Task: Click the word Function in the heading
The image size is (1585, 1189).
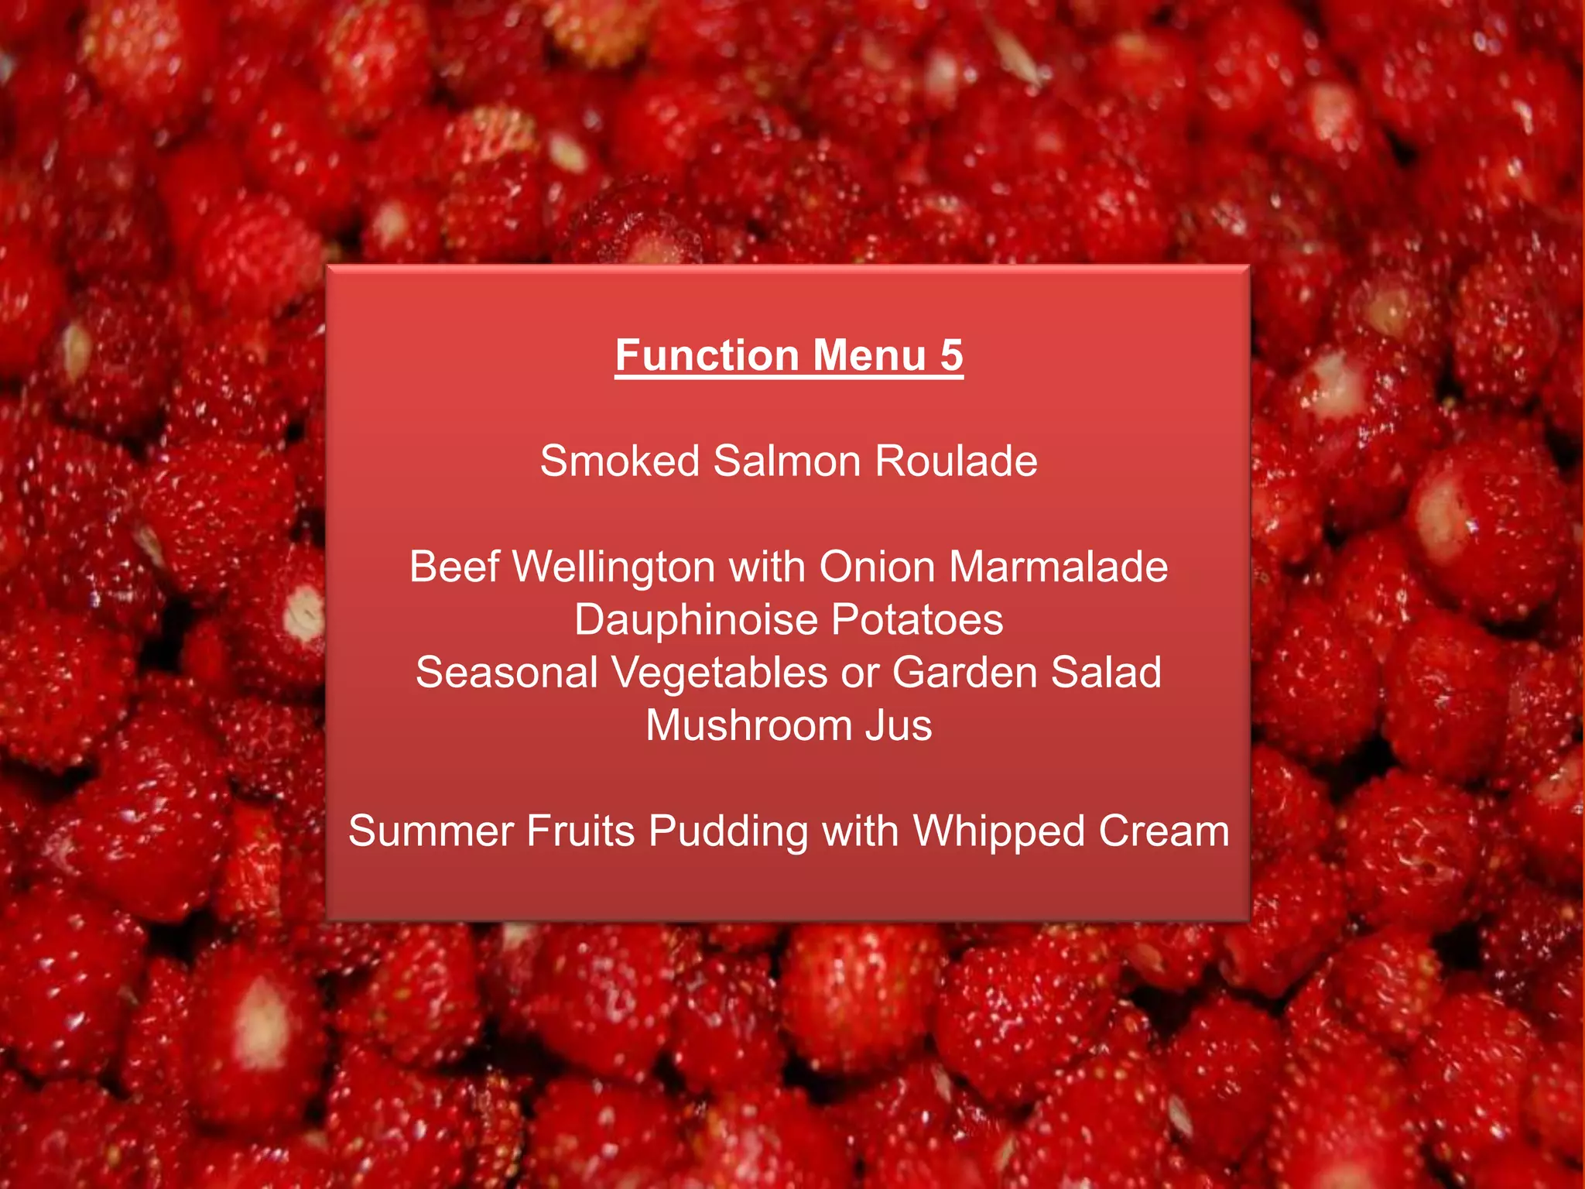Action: (707, 355)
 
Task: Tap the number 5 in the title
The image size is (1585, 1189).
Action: (951, 355)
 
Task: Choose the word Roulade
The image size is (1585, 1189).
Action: (957, 461)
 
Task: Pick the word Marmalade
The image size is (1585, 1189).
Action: (1058, 567)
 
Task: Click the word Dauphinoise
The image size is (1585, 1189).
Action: (696, 621)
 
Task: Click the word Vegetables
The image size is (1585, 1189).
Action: (720, 673)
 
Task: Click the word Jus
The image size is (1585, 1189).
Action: (899, 725)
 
